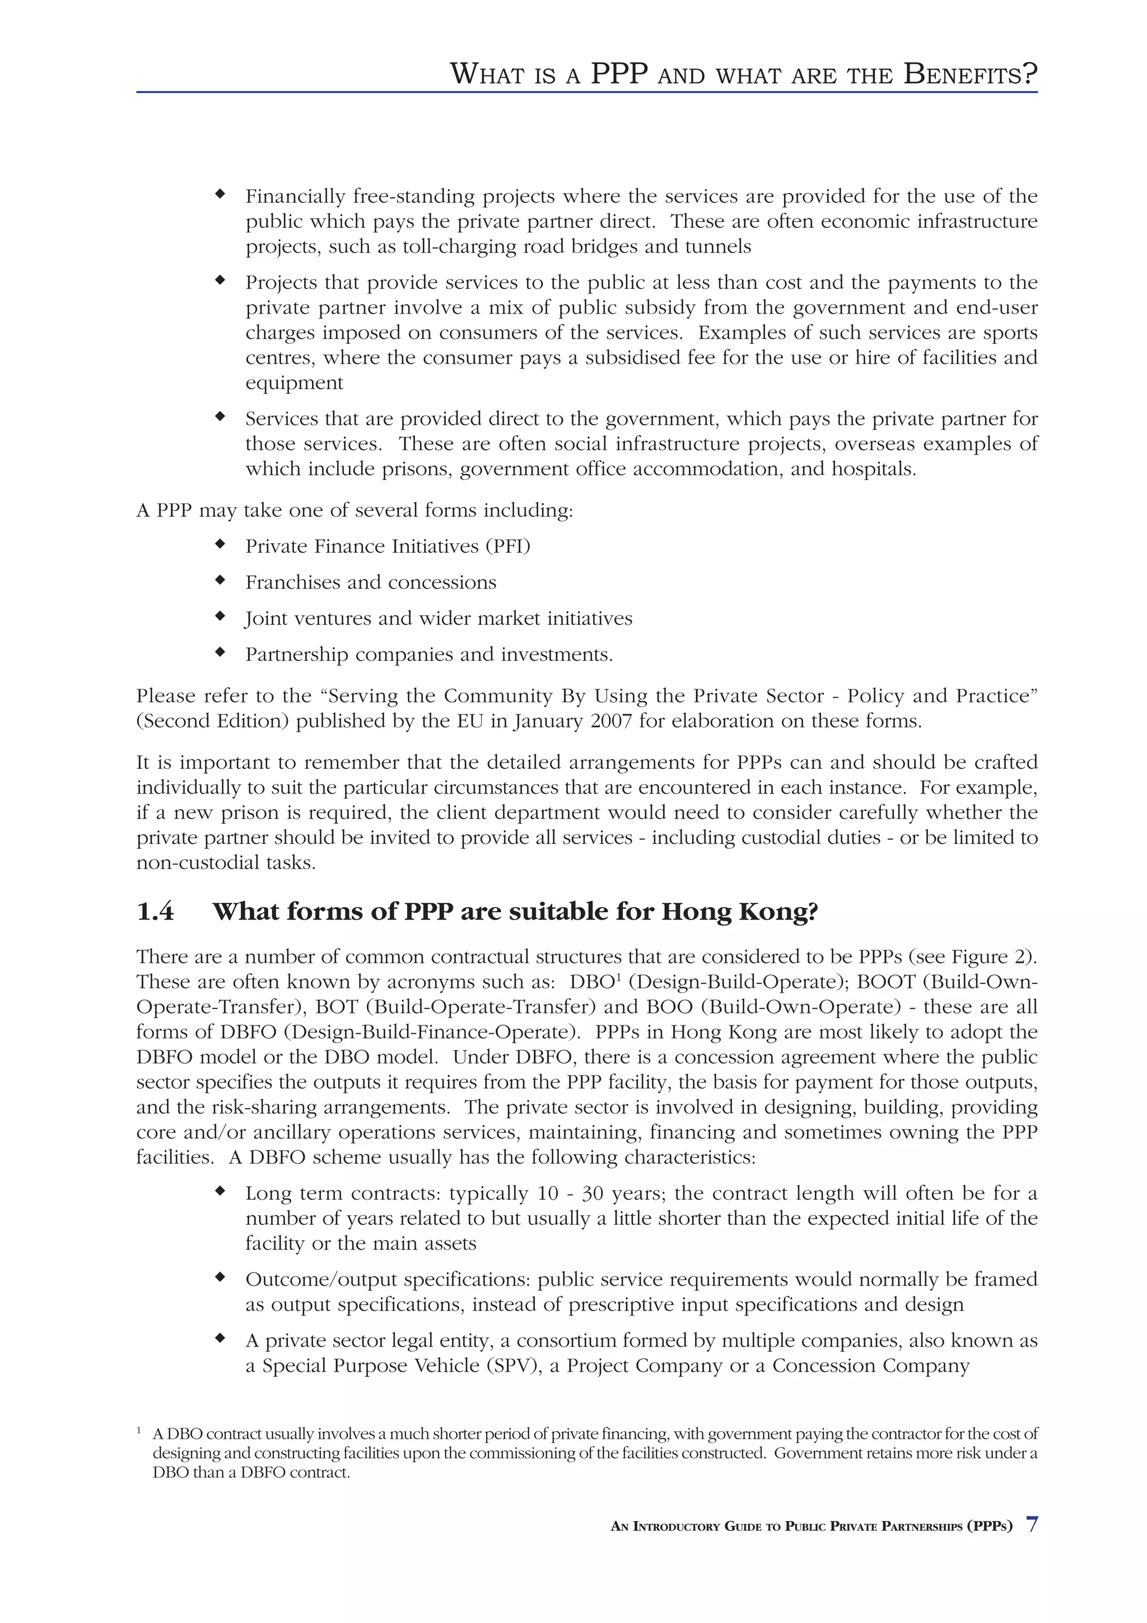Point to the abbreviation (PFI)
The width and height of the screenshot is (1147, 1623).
507,547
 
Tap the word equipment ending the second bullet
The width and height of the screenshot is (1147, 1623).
294,383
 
